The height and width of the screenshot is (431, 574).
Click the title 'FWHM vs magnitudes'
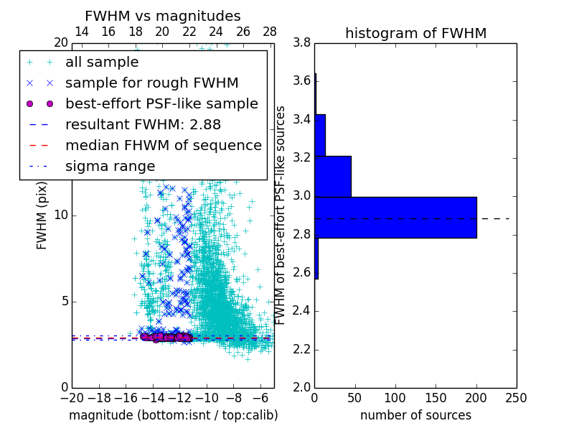[163, 16]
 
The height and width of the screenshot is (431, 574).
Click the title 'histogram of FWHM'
[415, 33]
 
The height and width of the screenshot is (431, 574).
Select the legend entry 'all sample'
[102, 62]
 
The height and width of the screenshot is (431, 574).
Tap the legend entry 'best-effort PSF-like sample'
[161, 103]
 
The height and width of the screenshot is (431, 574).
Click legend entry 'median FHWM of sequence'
[164, 145]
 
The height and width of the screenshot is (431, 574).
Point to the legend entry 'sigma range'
[110, 166]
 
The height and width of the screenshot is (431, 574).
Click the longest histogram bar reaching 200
[395, 217]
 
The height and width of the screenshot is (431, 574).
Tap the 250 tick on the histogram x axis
[516, 397]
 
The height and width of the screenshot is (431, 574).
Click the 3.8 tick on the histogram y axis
[302, 42]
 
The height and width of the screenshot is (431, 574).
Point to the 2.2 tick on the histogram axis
[302, 349]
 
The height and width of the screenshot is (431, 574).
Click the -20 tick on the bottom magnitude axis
[72, 397]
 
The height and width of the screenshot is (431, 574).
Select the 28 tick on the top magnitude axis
[270, 32]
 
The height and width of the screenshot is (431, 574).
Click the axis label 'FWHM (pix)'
[42, 215]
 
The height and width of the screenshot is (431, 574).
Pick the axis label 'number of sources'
[415, 415]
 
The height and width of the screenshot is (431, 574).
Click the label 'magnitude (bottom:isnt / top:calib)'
[173, 415]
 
